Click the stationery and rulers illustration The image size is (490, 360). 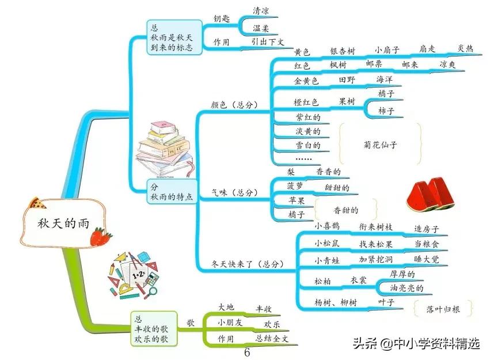click(134, 275)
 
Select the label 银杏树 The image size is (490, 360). click(342, 51)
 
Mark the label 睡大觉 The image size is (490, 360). click(426, 260)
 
